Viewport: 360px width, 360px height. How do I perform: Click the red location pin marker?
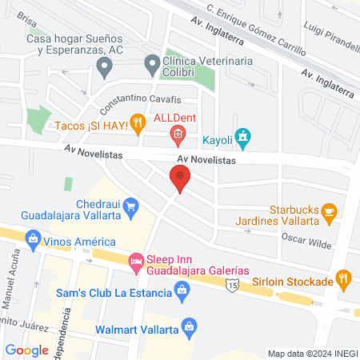tap(180, 178)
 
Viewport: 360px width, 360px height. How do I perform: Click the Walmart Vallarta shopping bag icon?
tap(189, 326)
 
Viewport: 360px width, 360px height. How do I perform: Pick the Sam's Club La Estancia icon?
tap(182, 293)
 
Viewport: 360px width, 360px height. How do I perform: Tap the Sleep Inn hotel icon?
tap(136, 261)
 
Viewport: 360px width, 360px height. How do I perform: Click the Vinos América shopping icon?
tap(33, 238)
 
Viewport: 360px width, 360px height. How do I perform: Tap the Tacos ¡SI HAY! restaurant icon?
tap(138, 122)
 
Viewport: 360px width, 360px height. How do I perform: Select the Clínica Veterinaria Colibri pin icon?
tap(150, 62)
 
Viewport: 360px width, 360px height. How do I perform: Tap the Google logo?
tap(27, 350)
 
